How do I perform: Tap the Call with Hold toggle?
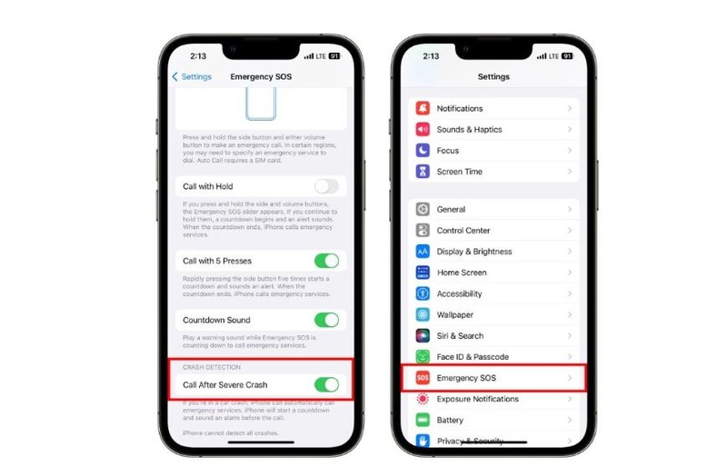coord(325,186)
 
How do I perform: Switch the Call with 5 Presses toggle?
coord(325,261)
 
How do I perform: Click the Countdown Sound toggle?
coord(325,320)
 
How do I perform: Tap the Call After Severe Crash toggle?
coord(325,385)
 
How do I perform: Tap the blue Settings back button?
coord(193,77)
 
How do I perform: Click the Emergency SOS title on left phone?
coord(261,77)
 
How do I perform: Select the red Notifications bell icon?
coord(423,108)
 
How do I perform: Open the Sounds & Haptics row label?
coord(469,130)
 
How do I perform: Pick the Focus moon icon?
coord(423,151)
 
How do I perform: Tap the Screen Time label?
coord(459,172)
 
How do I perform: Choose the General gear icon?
coord(423,209)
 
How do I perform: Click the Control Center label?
coord(463,231)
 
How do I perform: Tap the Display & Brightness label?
coord(474,252)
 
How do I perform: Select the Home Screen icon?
coord(423,273)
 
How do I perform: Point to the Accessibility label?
coord(459,293)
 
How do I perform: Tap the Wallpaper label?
coord(454,314)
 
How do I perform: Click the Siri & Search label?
coord(460,336)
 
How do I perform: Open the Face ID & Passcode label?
coord(473,357)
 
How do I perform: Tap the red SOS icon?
coord(423,378)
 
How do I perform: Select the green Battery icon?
coord(423,420)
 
